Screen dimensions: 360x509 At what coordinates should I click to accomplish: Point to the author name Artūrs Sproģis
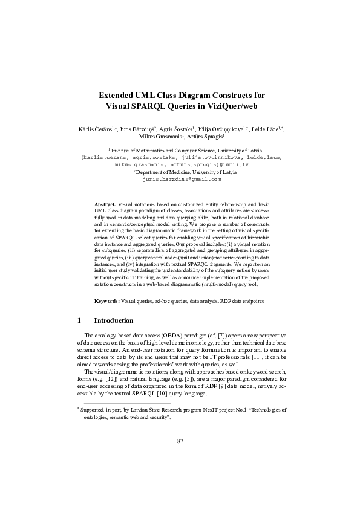pos(202,137)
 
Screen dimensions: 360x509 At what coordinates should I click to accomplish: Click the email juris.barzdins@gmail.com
pos(182,180)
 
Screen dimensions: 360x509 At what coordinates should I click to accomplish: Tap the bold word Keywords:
pos(107,300)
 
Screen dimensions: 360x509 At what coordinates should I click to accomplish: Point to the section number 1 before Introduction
pos(79,320)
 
